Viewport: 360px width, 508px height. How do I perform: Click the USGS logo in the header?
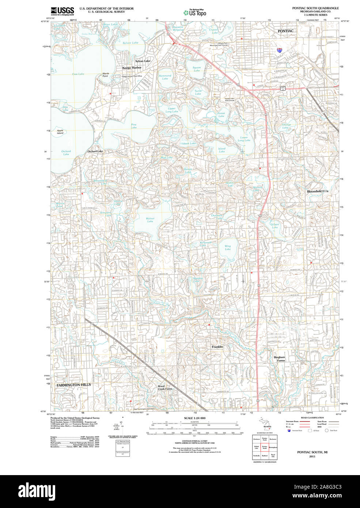62,11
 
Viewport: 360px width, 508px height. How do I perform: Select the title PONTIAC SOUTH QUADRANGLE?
315,8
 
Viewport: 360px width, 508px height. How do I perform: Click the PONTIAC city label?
285,31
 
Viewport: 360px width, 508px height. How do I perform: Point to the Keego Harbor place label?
132,68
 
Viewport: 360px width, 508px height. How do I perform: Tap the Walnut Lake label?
150,220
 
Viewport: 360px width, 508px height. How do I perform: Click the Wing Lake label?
228,248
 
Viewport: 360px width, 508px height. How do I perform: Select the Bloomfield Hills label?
317,191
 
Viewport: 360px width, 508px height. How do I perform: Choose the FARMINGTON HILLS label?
73,385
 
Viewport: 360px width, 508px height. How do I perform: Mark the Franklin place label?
217,346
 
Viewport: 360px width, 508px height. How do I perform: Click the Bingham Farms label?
279,359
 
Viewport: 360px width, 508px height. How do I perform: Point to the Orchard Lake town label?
95,151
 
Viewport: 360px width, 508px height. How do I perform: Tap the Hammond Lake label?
165,77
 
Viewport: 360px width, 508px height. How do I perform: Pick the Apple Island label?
60,132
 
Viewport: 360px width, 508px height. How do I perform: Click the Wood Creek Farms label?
165,387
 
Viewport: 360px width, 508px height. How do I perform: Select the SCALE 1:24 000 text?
194,418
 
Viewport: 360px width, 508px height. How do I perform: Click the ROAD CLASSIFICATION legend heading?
312,418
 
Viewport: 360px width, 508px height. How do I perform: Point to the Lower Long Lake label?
244,139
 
